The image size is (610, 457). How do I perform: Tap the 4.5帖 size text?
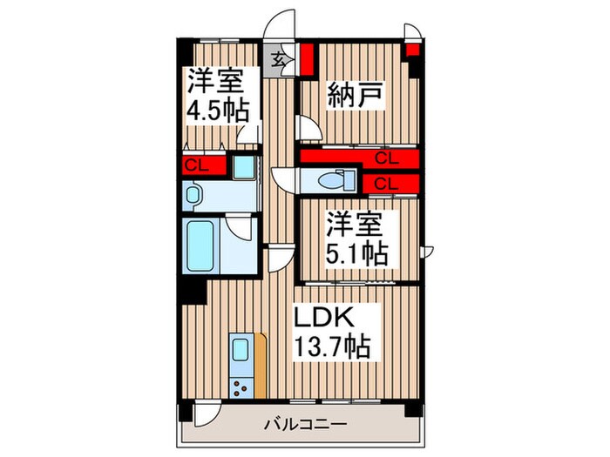(x=217, y=111)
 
